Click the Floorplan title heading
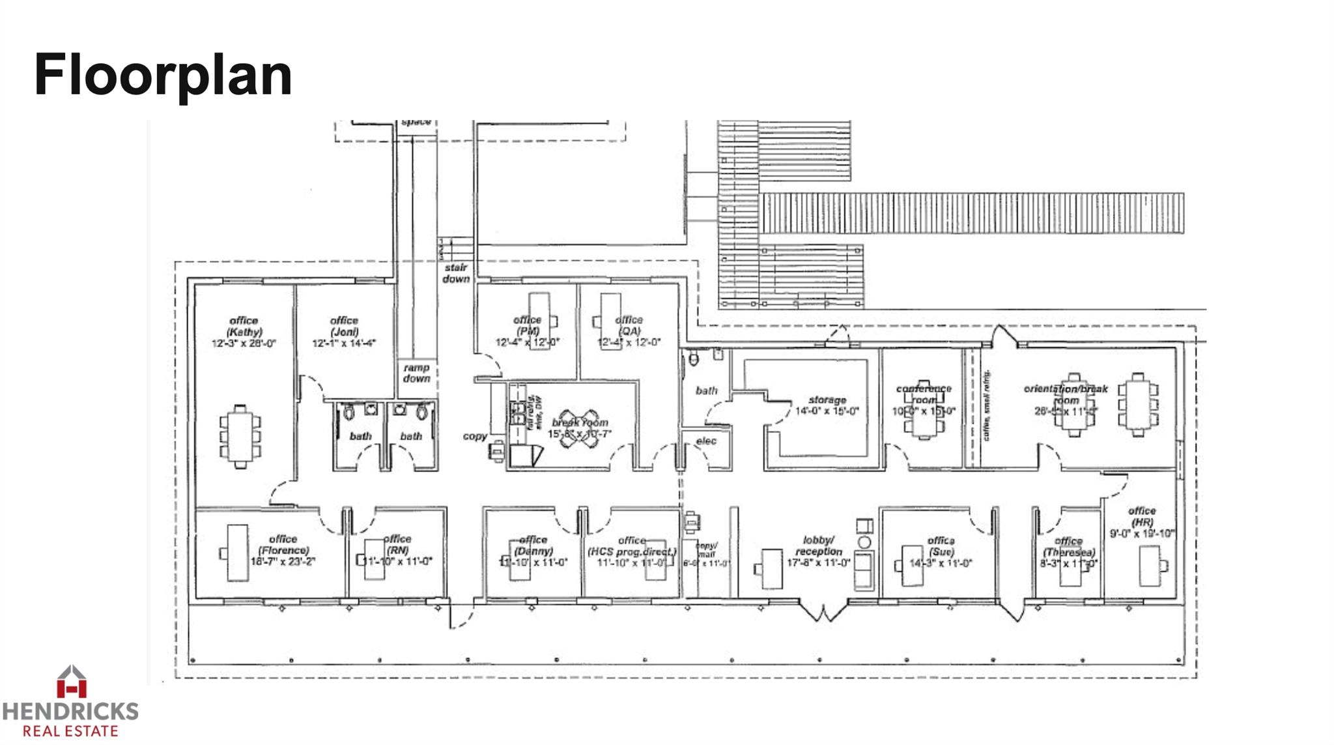click(x=163, y=75)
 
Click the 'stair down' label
click(x=456, y=273)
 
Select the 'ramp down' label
click(x=416, y=373)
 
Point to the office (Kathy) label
click(x=244, y=326)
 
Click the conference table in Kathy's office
click(x=240, y=436)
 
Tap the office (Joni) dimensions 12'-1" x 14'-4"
click(x=344, y=343)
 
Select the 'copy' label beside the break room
click(x=475, y=436)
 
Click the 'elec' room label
click(x=706, y=441)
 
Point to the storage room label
click(x=827, y=400)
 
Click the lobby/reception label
click(x=819, y=546)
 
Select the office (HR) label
click(x=1142, y=516)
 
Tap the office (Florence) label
click(x=283, y=544)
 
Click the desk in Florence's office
click(x=237, y=553)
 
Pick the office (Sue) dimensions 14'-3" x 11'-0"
click(x=941, y=563)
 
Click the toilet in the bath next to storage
click(x=694, y=358)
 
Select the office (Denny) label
click(x=533, y=545)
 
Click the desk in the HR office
click(x=1150, y=566)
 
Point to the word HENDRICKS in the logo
click(x=70, y=710)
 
